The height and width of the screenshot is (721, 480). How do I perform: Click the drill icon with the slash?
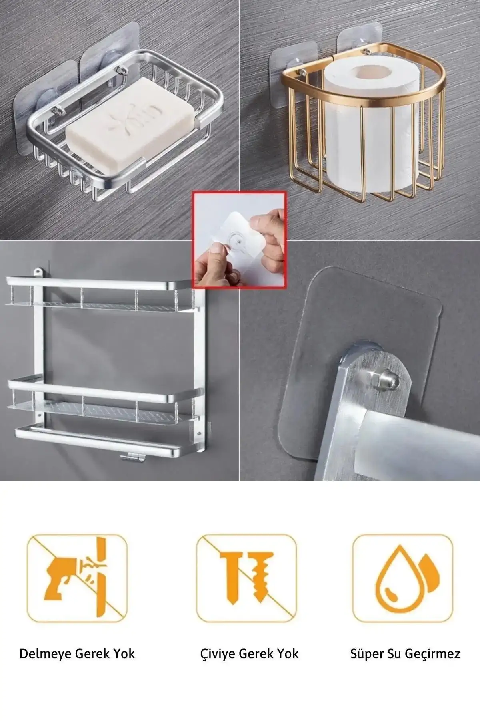click(77, 578)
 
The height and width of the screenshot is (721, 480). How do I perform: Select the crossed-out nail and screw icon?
click(246, 578)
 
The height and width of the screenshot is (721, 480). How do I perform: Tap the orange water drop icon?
click(403, 578)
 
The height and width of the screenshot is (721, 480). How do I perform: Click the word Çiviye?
click(218, 654)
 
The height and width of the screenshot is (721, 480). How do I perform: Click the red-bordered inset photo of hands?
click(239, 240)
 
